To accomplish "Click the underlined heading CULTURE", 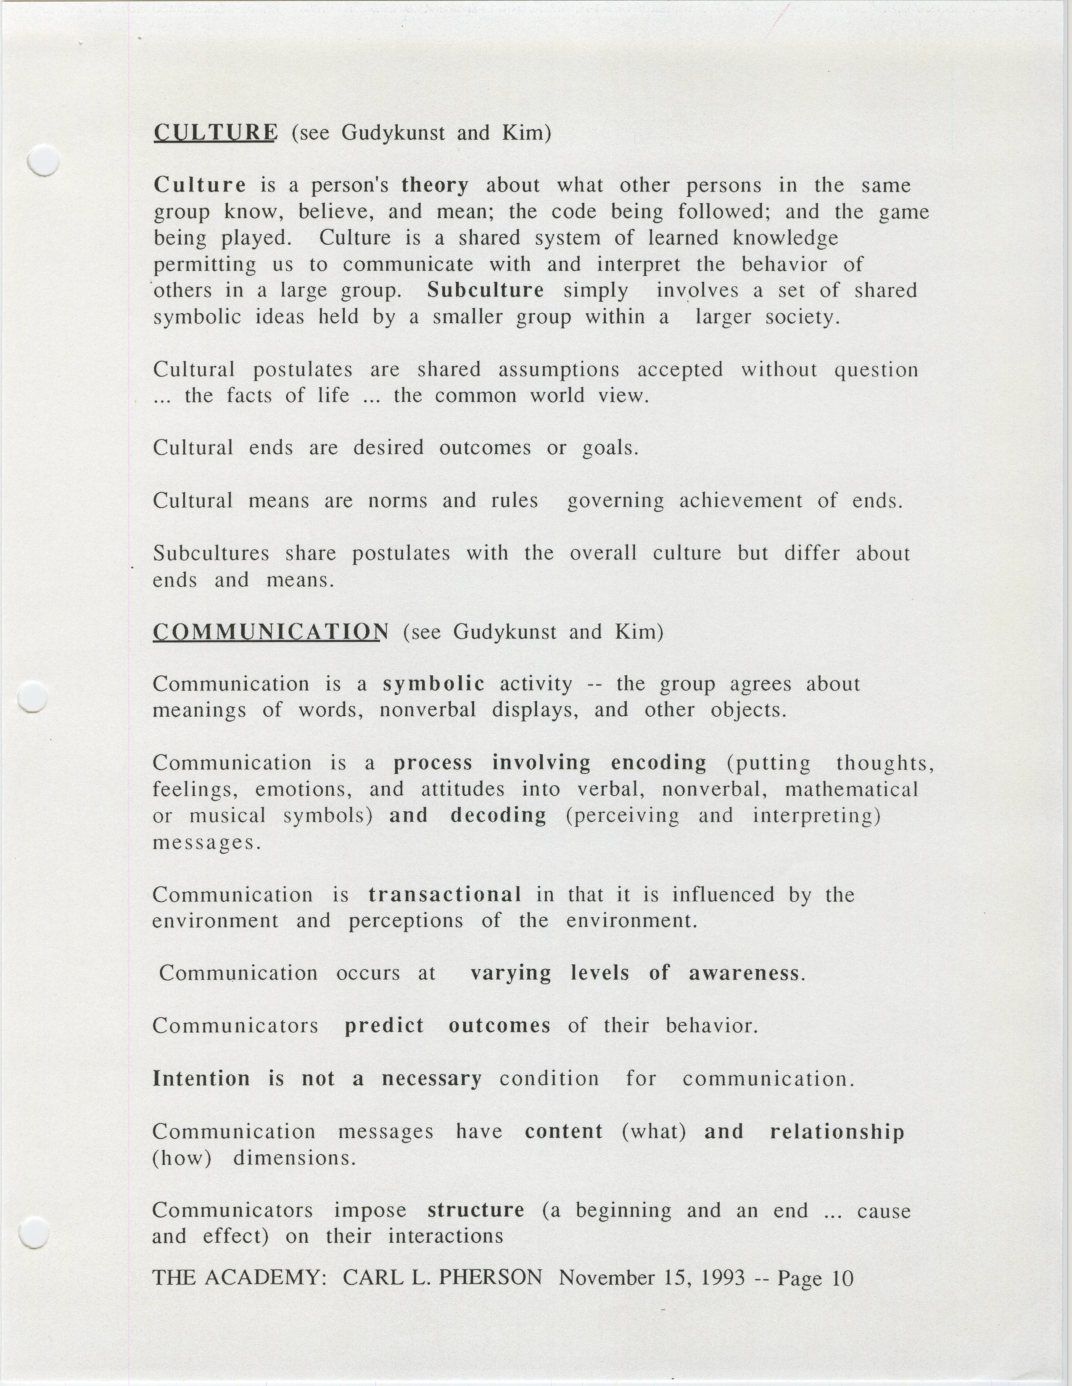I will point(216,132).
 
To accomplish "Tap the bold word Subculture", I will point(485,290).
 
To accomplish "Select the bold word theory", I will point(435,185).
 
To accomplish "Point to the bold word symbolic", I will point(434,683).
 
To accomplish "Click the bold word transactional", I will point(445,894).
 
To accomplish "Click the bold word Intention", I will point(201,1079).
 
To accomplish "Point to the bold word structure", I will point(476,1210).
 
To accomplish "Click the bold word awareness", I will point(744,973).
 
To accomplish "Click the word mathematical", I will point(851,789).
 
